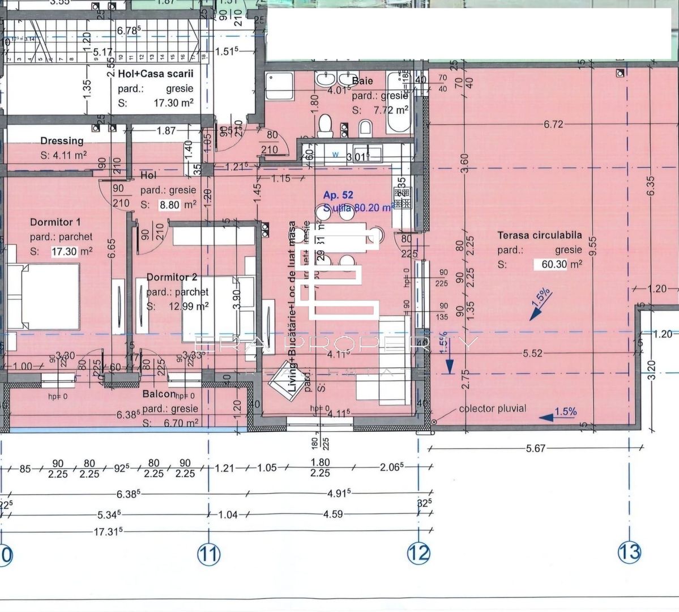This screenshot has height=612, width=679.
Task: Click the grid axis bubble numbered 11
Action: point(208,554)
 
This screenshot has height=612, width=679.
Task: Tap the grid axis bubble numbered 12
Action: point(418,552)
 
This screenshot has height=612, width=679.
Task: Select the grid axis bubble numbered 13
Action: point(629,551)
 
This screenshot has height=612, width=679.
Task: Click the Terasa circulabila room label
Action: point(539,235)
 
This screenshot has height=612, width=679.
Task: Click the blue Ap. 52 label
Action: point(338,195)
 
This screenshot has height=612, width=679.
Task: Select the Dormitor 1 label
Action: point(55,222)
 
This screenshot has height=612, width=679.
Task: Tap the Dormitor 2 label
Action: point(172,277)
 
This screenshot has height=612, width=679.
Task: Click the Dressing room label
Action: point(62,141)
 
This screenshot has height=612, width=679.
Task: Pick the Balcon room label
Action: point(158,394)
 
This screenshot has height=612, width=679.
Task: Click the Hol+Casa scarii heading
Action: point(155,74)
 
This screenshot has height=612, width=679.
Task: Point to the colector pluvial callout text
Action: point(492,409)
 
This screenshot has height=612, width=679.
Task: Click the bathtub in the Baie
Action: point(397,100)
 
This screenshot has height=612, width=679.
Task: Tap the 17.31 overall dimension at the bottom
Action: point(109,532)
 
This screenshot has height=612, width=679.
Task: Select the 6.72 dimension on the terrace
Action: point(553,125)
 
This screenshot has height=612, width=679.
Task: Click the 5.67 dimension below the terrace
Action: point(535,448)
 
